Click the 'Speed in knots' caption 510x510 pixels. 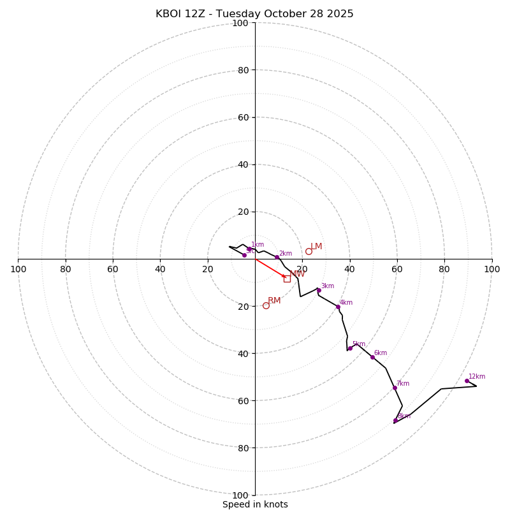(255, 504)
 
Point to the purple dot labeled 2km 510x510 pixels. (277, 258)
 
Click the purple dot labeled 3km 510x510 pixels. (319, 290)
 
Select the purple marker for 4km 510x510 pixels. (338, 307)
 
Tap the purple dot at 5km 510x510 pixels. (350, 348)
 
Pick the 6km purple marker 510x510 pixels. (372, 357)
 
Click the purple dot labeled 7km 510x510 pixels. (395, 388)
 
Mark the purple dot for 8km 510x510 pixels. (395, 420)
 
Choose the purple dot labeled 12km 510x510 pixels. (467, 381)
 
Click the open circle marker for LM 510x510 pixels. (309, 251)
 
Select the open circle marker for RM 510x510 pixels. (266, 305)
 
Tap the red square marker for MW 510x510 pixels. (287, 279)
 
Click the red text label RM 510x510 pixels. (274, 301)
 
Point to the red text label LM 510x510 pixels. (316, 247)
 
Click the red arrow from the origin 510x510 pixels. (270, 268)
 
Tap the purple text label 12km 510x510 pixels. (477, 376)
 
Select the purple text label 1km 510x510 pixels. (258, 245)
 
